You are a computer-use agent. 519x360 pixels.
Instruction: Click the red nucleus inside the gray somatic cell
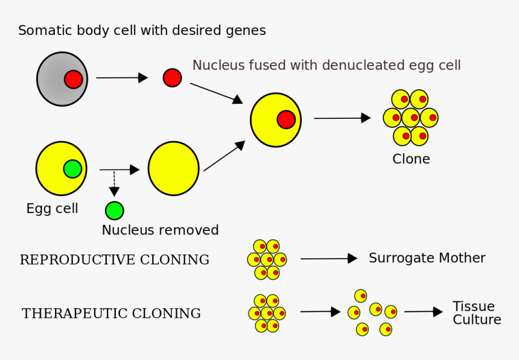[74, 79]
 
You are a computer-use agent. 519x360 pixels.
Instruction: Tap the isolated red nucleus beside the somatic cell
[172, 78]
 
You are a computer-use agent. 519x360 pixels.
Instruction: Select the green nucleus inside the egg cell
[72, 169]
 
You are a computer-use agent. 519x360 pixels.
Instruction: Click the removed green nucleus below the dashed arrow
[114, 210]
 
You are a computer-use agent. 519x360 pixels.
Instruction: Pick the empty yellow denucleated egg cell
[173, 169]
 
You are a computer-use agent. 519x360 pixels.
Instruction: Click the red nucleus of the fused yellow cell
[286, 119]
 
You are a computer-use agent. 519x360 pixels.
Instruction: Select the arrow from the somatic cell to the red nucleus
[121, 78]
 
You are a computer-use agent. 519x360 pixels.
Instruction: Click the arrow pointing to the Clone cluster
[342, 118]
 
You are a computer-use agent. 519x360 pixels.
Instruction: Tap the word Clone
[411, 159]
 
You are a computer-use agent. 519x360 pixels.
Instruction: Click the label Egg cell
[52, 209]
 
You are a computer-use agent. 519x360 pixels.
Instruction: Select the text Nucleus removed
[160, 230]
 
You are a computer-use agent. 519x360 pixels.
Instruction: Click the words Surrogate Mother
[427, 258]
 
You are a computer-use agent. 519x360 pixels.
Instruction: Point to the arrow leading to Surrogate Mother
[328, 259]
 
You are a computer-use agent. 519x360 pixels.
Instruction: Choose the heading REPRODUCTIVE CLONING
[115, 260]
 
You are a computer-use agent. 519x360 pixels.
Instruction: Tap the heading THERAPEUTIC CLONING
[112, 314]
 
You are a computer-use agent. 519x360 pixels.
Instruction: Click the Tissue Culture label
[476, 313]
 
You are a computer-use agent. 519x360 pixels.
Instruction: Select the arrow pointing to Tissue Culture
[423, 312]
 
